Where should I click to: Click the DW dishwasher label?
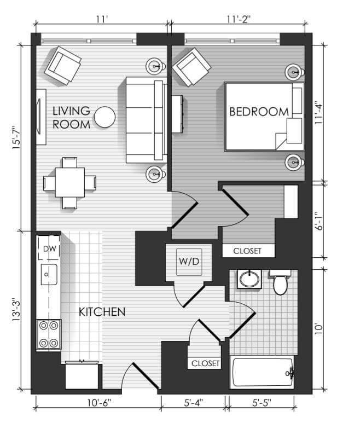50,248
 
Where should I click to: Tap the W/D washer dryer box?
189,262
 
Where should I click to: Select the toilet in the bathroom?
280,282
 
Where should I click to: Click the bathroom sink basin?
249,279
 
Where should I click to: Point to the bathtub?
262,372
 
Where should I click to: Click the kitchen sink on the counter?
49,274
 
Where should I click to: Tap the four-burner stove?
49,334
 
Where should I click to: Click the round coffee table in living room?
105,117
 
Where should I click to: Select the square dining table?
70,182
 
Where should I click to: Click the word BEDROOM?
259,112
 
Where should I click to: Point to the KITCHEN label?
102,312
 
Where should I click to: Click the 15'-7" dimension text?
16,137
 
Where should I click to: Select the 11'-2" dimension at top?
239,19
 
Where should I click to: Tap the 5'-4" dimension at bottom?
193,403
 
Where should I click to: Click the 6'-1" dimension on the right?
318,221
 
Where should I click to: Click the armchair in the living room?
63,66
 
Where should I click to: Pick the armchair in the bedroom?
191,67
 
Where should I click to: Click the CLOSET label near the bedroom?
247,251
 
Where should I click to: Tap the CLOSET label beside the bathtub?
205,363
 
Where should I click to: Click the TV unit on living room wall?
41,117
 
